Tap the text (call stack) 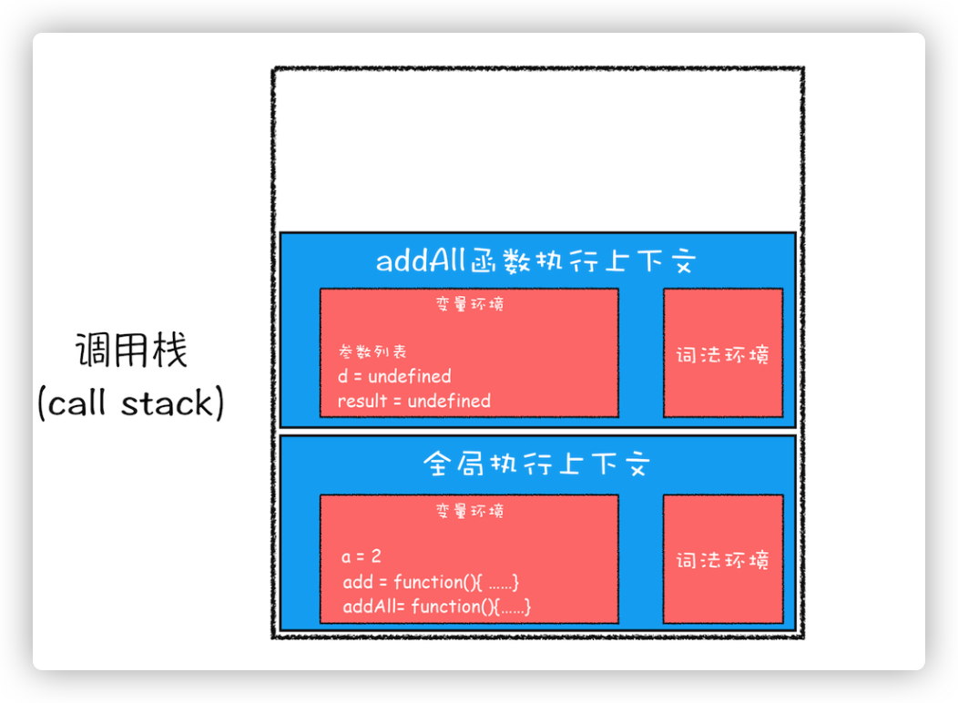tap(130, 403)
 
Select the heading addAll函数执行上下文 tap(536, 262)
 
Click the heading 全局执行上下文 tap(536, 466)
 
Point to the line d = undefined tap(394, 376)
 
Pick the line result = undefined tap(413, 401)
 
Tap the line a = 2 tap(361, 555)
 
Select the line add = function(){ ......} tap(430, 581)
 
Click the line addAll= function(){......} tap(437, 606)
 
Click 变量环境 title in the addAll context tap(469, 304)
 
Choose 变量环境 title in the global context tap(469, 511)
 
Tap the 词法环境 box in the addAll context tap(723, 353)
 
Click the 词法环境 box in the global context tap(723, 559)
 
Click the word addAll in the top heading tap(422, 262)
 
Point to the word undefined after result tap(449, 401)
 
